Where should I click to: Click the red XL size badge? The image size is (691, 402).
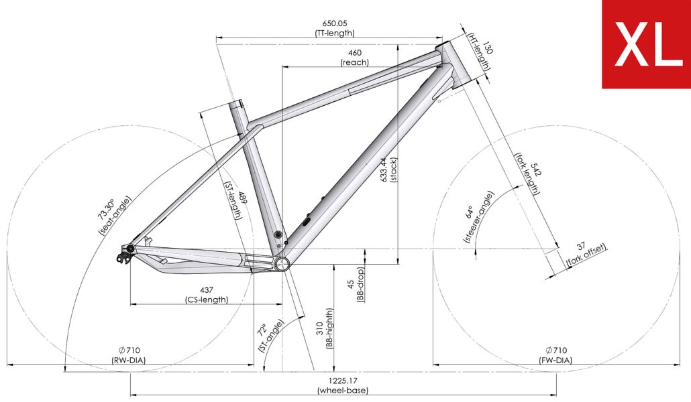[647, 44]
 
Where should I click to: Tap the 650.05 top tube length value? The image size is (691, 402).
[335, 23]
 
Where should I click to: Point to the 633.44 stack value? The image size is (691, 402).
[384, 170]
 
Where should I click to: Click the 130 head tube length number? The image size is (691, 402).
[488, 48]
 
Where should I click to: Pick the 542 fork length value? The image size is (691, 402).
[535, 170]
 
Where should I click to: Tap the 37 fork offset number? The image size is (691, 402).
[581, 246]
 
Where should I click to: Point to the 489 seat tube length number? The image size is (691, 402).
[243, 198]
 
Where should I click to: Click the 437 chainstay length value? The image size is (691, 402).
[206, 290]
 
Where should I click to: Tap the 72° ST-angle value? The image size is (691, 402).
[262, 330]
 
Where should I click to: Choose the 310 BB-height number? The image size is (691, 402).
[320, 328]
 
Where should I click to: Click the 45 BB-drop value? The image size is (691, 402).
[352, 285]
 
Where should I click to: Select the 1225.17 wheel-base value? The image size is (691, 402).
[343, 381]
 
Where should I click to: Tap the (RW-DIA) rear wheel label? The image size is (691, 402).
[129, 360]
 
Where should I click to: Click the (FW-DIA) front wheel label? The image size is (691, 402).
[555, 360]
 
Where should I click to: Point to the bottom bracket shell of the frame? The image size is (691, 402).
[282, 264]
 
